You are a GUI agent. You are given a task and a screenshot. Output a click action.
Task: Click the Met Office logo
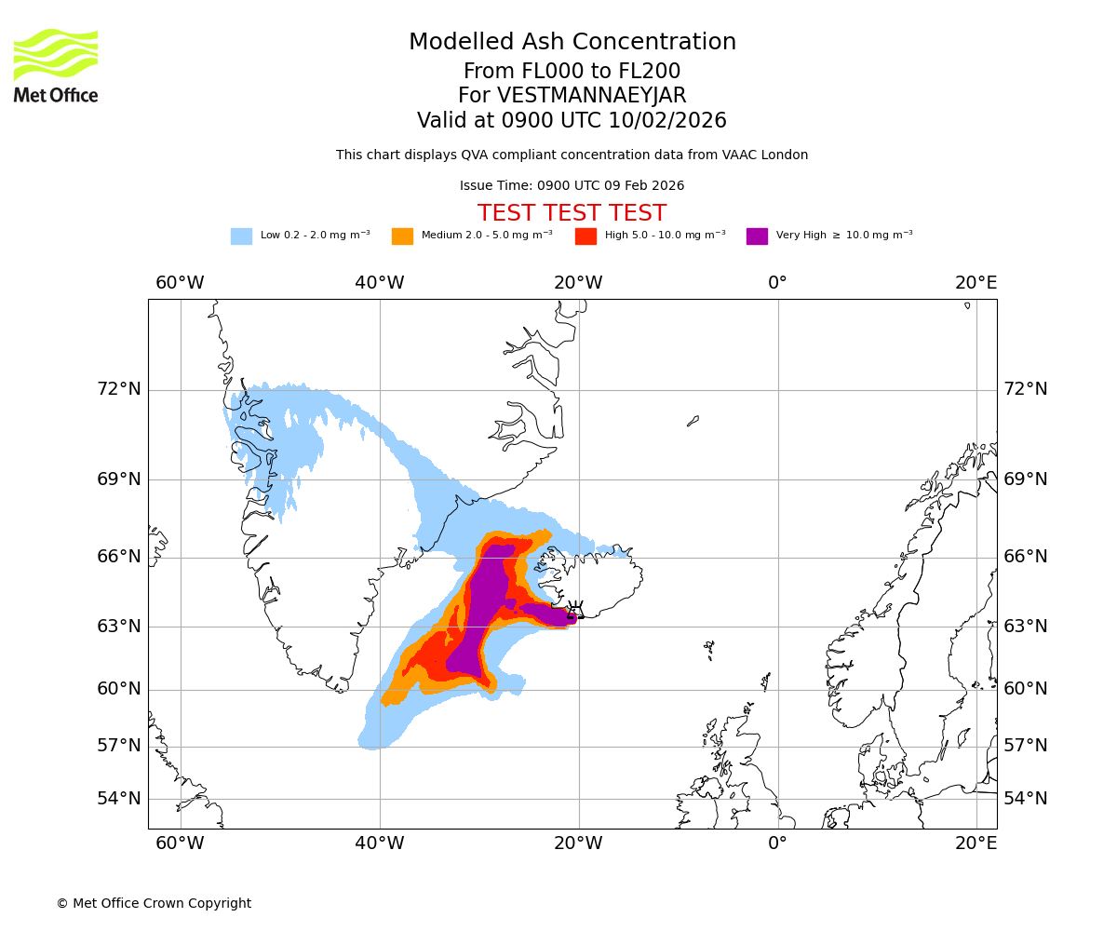56,65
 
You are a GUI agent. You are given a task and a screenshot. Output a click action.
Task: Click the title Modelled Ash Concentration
572,42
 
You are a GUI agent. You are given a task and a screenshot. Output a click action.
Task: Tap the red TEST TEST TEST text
572,213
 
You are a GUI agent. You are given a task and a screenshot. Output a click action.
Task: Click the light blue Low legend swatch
241,236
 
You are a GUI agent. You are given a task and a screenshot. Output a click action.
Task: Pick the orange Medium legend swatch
402,236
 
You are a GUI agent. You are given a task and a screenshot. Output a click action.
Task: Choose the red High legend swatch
585,236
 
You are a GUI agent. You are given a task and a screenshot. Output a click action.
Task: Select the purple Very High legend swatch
757,236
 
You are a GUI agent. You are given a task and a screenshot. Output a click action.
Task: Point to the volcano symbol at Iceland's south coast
575,611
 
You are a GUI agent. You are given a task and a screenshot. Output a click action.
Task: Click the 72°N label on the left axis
119,389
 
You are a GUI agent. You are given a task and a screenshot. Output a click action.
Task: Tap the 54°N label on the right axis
1025,799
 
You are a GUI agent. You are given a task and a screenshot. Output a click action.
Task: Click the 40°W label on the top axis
379,283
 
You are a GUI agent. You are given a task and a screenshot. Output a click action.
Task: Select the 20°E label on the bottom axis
976,843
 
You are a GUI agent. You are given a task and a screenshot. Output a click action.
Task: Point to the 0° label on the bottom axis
777,843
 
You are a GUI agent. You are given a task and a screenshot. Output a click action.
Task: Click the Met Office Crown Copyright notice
154,903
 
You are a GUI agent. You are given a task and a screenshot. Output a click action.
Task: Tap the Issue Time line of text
572,185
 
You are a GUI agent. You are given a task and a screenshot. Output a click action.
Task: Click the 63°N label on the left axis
119,626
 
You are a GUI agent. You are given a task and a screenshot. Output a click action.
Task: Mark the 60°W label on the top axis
180,283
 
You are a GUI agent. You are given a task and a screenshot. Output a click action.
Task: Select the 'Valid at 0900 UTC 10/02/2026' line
572,121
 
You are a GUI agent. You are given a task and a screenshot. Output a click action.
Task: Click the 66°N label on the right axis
1025,557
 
